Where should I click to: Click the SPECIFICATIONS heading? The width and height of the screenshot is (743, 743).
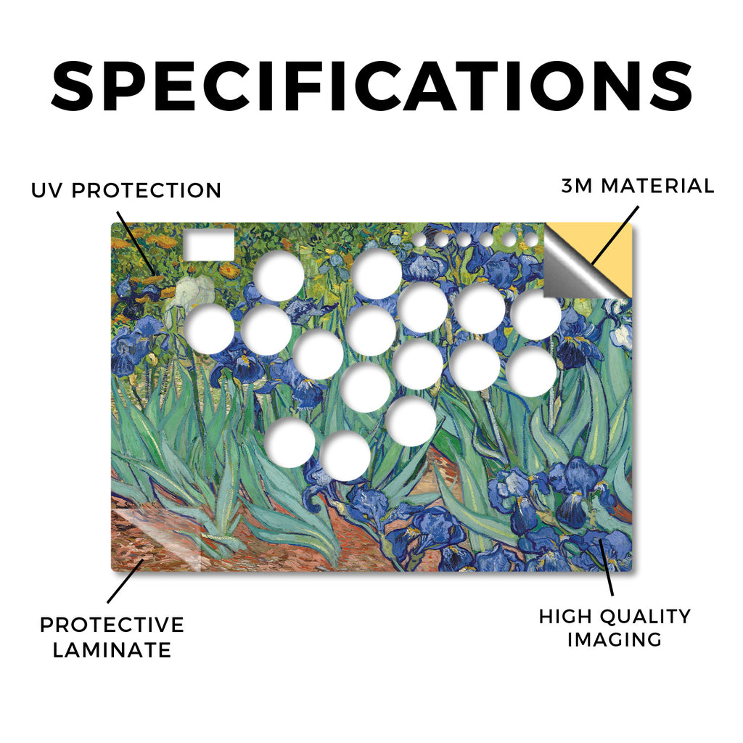coord(371,86)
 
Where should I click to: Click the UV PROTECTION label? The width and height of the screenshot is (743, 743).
coord(126,191)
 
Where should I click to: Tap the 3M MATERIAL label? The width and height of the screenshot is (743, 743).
coord(637,186)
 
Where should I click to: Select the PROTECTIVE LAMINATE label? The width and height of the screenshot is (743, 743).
coord(112,637)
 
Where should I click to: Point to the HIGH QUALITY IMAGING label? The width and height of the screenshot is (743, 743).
coord(615,628)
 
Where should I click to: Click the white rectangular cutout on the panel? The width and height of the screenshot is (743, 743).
coord(208,245)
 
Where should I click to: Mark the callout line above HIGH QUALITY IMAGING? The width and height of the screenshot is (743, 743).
coord(607,567)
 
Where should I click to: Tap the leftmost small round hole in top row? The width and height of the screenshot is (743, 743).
coord(419,240)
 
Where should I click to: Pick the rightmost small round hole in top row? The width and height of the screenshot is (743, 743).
coord(530,239)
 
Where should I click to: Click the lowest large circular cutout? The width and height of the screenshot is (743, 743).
coord(345,456)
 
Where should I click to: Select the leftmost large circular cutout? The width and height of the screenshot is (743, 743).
coord(209,329)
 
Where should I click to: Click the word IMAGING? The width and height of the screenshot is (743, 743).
coord(615,640)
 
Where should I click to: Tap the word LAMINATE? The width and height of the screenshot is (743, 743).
coord(112,649)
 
